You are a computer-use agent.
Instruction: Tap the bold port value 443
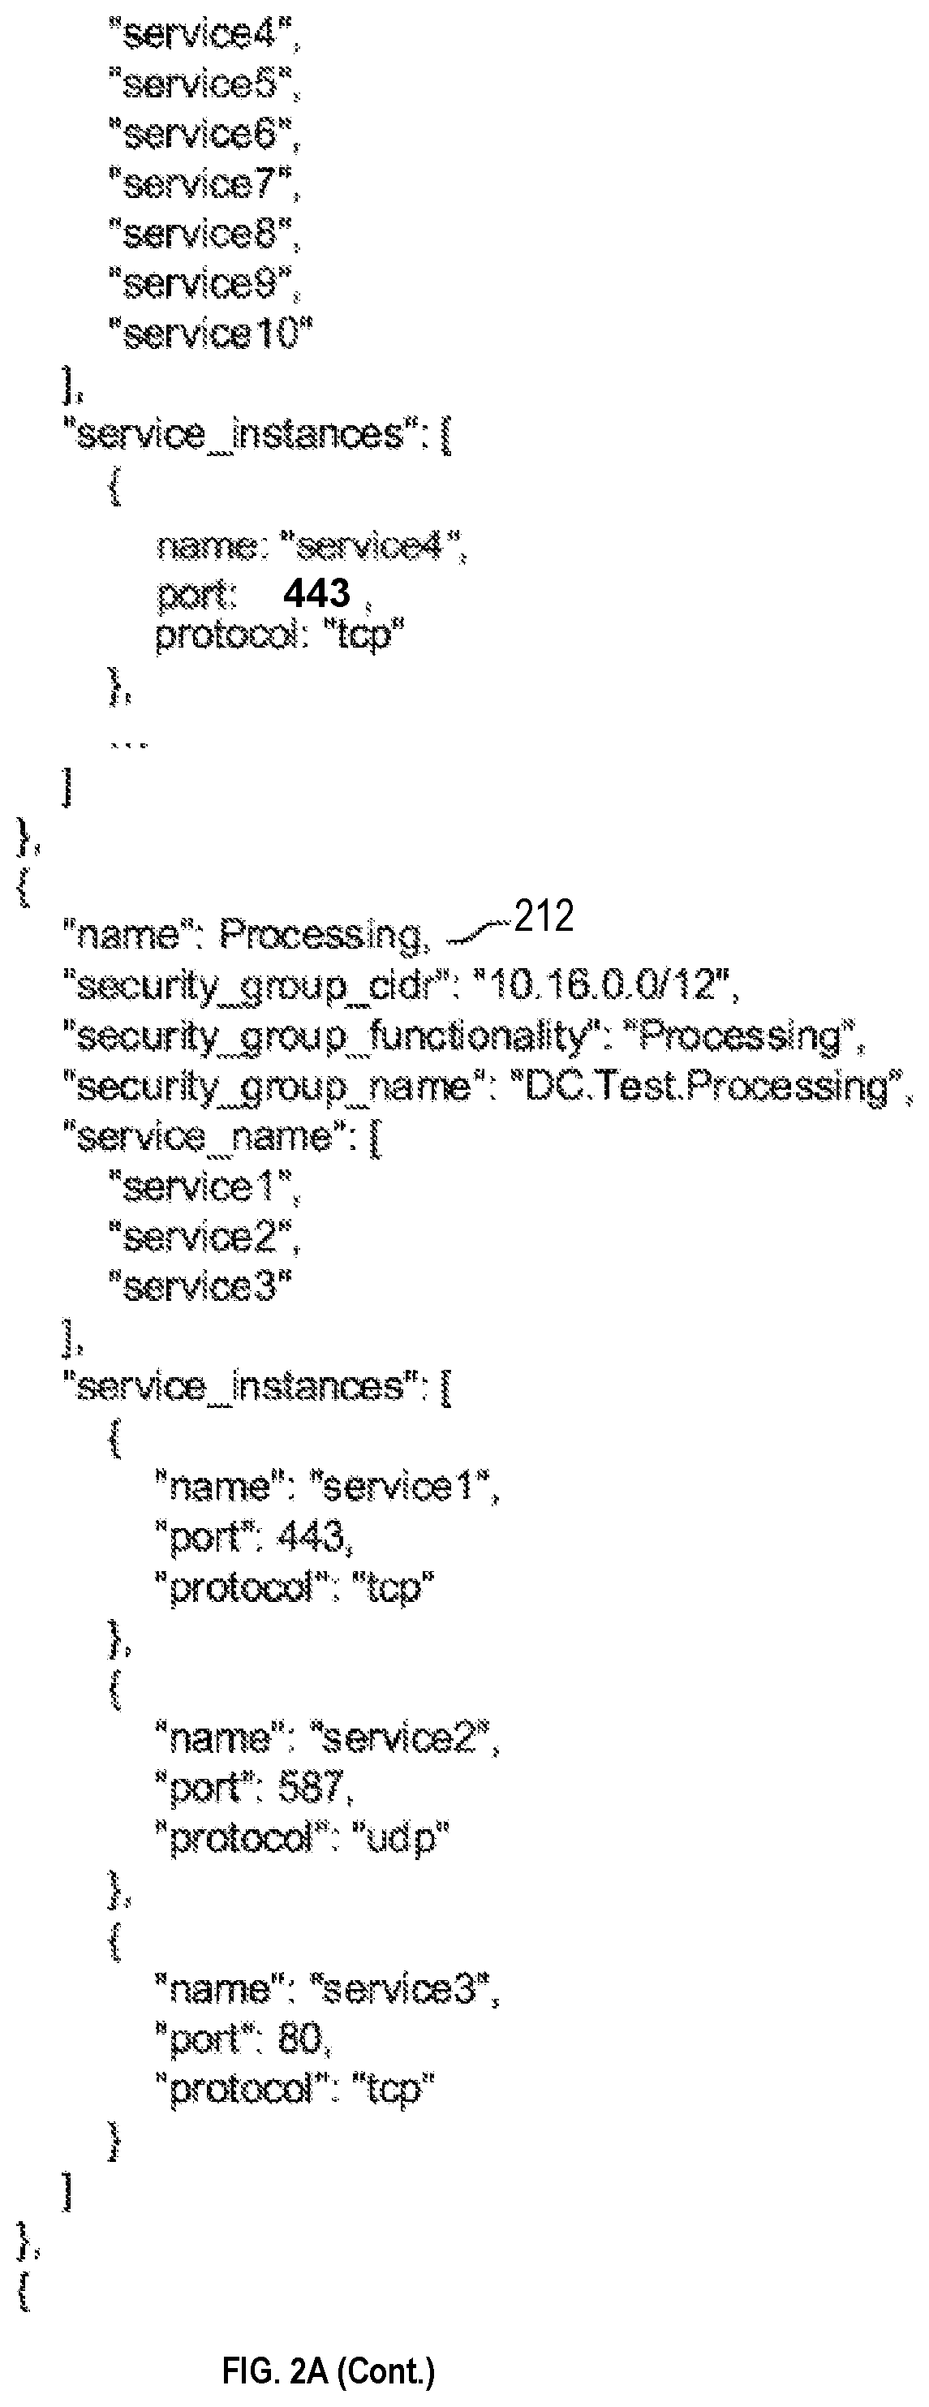tap(316, 592)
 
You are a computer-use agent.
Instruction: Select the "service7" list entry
tap(202, 183)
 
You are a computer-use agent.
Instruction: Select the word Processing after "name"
tap(320, 936)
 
